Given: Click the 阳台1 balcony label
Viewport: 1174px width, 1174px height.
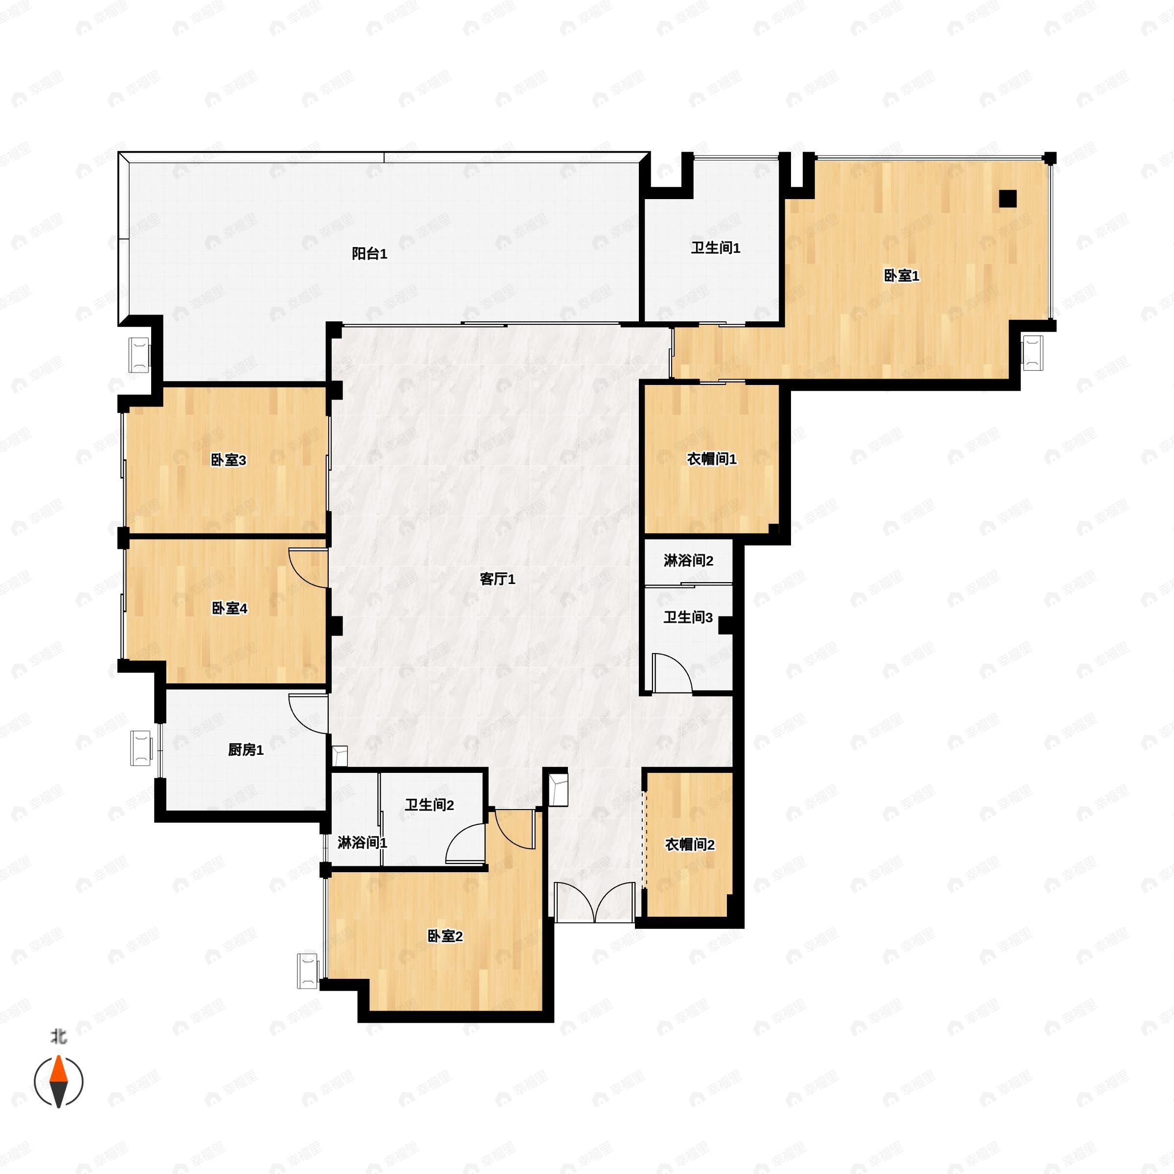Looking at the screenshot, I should (369, 254).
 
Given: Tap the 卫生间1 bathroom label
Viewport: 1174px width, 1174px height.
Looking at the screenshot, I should (715, 248).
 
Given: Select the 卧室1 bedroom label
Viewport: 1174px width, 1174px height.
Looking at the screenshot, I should (901, 276).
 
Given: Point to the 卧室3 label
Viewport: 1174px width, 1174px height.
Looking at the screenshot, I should (228, 460).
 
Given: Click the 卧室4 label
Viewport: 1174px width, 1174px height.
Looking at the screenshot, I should (229, 608).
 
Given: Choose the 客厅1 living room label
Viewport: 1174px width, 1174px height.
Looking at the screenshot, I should (497, 579).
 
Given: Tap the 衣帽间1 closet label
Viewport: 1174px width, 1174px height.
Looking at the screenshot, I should (712, 459).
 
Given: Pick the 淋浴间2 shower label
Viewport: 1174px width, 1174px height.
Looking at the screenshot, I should (688, 560).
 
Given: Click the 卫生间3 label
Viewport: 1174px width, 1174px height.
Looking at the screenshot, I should (688, 617).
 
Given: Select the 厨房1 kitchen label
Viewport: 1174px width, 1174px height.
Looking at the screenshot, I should (246, 750).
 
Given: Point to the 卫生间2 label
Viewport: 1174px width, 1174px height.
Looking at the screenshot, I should (429, 805).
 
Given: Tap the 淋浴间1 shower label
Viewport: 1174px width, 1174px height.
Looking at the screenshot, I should (362, 843).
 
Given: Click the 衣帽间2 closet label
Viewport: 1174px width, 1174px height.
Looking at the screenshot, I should (690, 845).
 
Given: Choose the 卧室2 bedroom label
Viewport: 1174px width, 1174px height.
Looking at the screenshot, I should (445, 936).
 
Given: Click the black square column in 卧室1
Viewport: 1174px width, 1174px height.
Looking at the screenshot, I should (1008, 199).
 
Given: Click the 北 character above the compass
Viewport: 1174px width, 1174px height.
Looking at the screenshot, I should (59, 1036).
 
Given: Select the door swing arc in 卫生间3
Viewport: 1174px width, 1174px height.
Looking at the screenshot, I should (675, 672).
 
